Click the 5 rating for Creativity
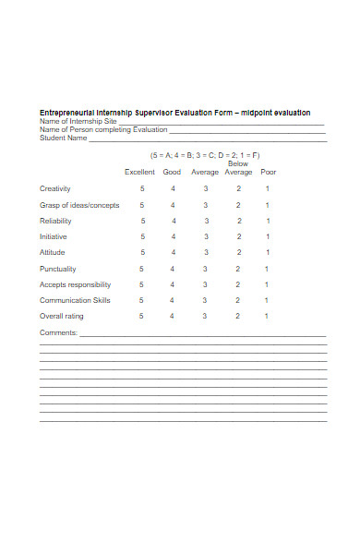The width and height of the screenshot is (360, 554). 142,189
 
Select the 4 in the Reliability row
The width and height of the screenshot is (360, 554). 173,222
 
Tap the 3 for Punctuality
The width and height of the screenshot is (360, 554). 206,270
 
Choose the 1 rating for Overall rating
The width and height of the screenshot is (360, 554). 267,317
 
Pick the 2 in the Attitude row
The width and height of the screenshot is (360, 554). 237,253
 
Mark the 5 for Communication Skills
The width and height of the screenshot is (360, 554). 141,301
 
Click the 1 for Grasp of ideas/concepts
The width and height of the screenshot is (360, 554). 267,205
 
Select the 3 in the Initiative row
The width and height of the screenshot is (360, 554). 206,237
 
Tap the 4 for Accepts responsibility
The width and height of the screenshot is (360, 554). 173,285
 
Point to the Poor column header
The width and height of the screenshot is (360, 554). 269,172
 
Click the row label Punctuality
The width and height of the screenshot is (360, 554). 56,270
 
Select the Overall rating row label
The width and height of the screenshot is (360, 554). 61,317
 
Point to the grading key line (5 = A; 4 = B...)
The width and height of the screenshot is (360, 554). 205,155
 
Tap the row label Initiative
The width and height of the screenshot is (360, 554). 54,237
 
